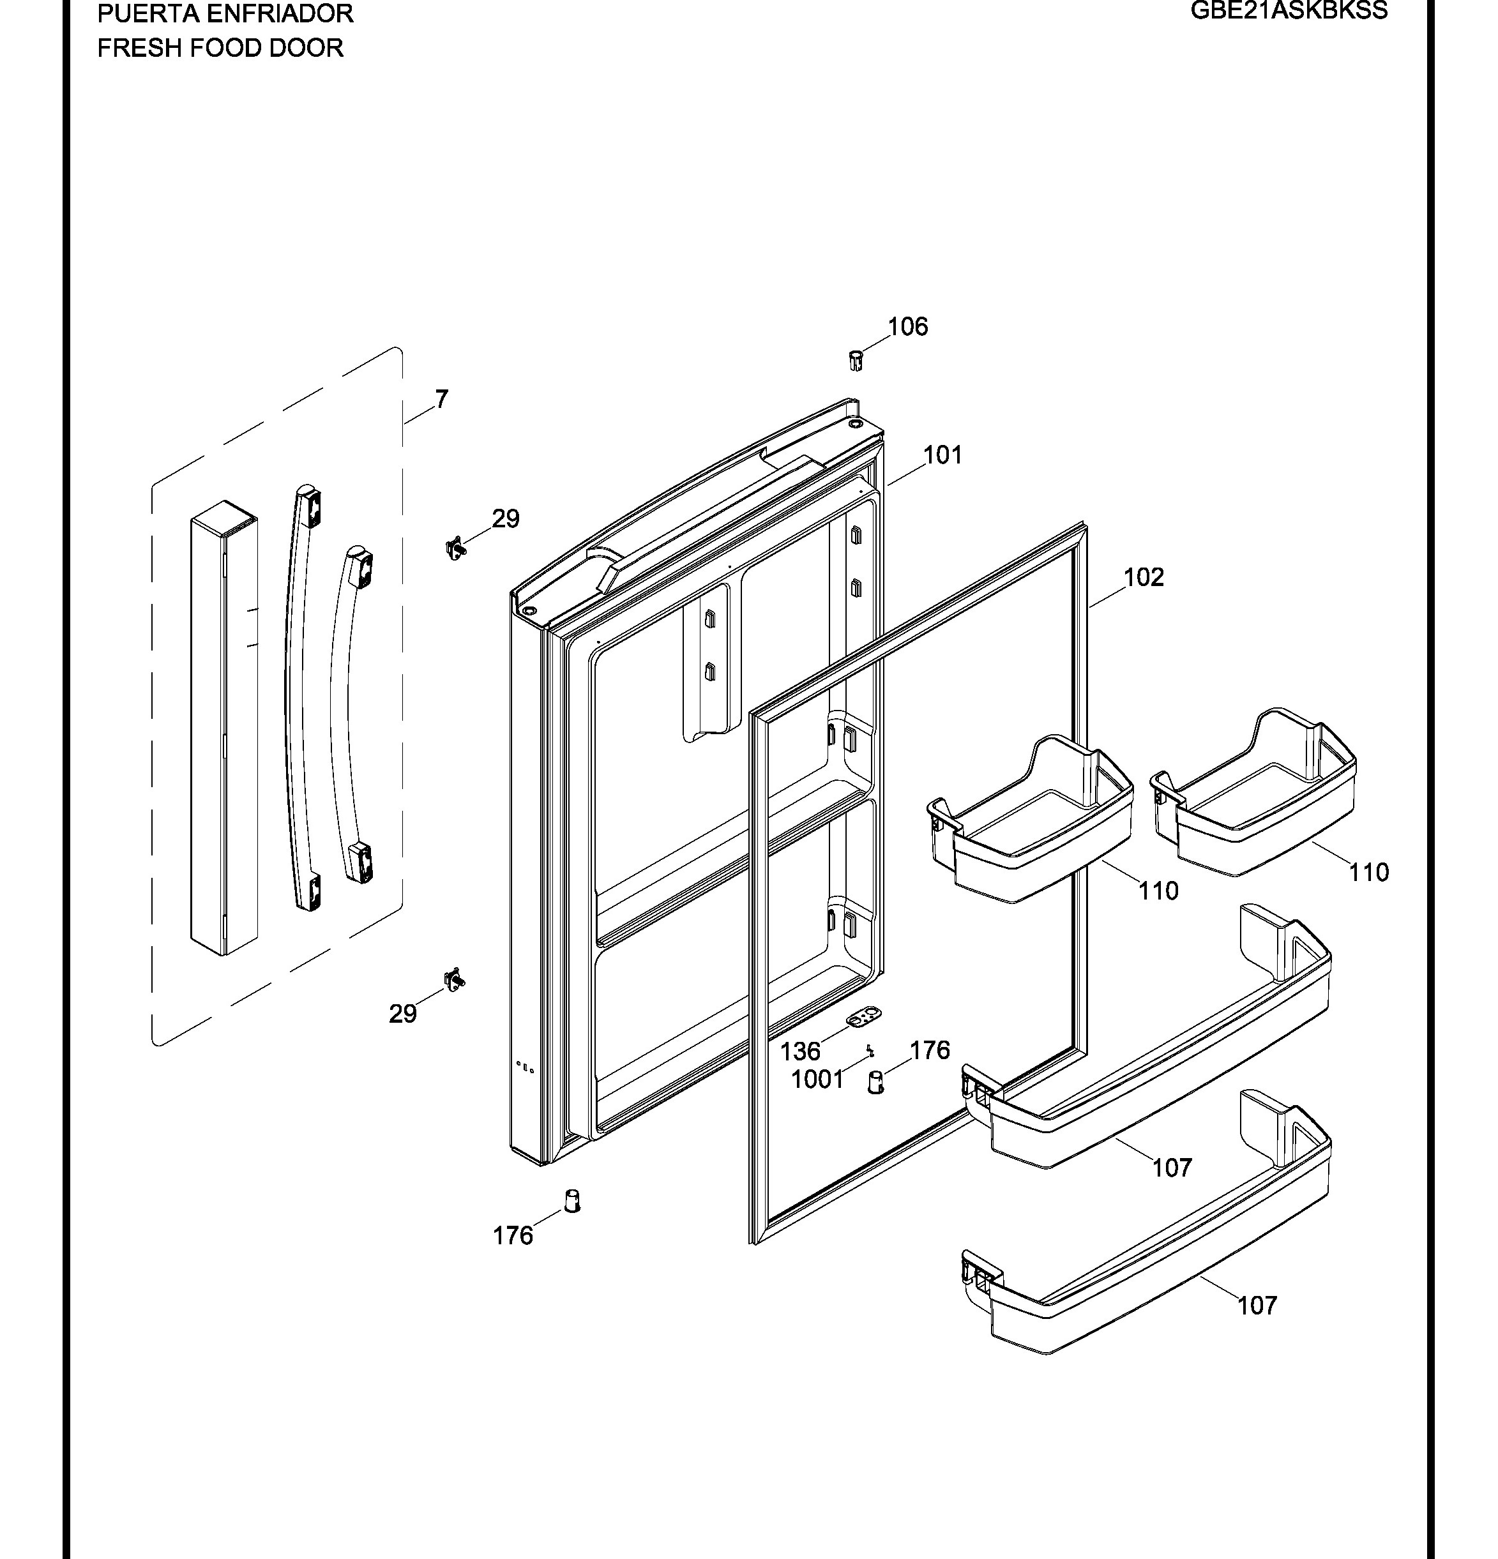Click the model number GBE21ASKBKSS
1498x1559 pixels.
[1289, 10]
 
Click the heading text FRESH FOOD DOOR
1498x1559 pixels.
[220, 48]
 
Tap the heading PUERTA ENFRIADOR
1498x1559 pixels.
[225, 13]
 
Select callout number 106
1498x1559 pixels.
[908, 326]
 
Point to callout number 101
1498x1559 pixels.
[942, 455]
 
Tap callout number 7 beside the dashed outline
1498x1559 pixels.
[441, 398]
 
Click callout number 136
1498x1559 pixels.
[799, 1051]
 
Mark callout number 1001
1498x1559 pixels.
[817, 1080]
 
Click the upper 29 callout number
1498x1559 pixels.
[505, 518]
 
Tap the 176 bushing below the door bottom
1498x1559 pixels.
[572, 1200]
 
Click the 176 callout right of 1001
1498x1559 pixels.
[929, 1050]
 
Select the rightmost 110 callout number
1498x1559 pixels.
[1368, 873]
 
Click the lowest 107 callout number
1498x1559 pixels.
[1257, 1306]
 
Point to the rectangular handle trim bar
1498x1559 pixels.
[224, 727]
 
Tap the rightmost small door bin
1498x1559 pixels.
[1254, 792]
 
